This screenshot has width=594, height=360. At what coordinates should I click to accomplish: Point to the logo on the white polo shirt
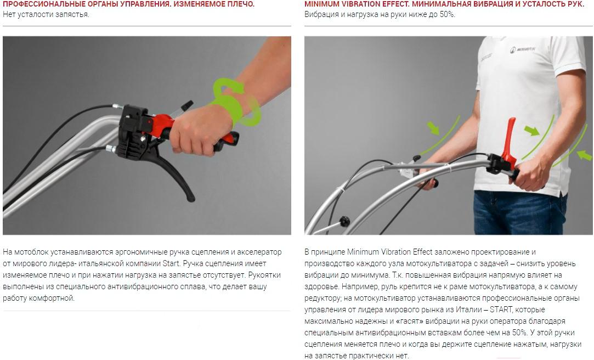pyautogui.click(x=522, y=49)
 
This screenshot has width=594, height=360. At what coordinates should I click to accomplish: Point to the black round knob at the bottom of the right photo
pyautogui.click(x=344, y=221)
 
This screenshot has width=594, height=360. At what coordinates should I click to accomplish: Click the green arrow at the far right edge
pyautogui.click(x=585, y=155)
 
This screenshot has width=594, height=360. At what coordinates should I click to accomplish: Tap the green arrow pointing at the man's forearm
pyautogui.click(x=433, y=128)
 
